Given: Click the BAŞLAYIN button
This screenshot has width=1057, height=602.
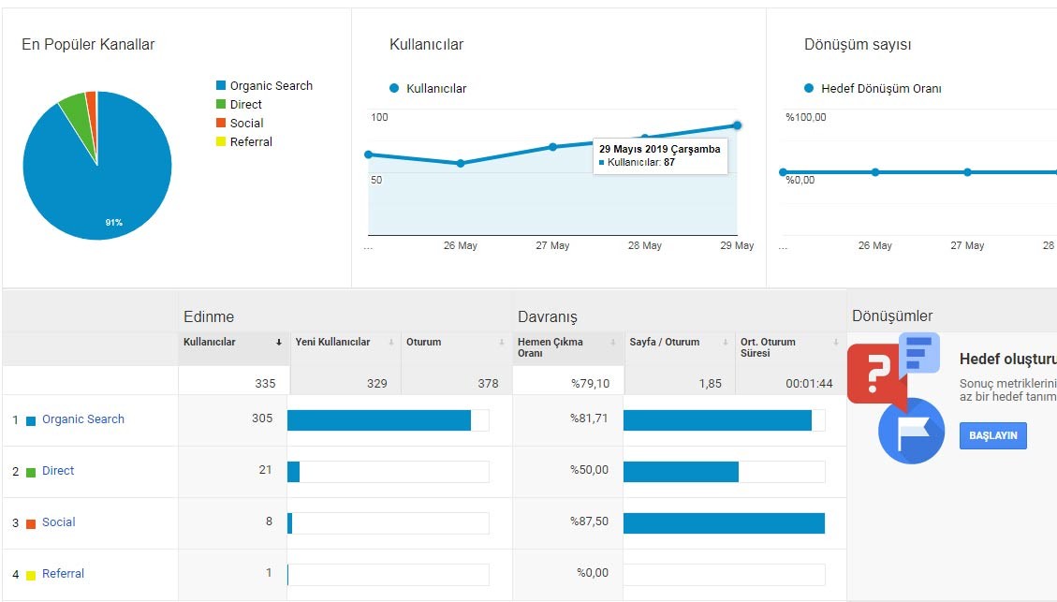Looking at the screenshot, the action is point(993,435).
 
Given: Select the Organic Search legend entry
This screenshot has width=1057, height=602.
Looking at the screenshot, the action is point(264,85).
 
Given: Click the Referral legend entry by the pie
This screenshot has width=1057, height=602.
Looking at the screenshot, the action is point(244,141).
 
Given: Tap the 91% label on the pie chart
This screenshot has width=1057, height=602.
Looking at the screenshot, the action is point(114,223).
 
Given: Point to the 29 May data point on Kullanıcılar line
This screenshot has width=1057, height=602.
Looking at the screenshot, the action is point(737,125).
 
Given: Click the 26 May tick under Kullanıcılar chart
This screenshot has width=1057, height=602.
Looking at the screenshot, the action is point(461,245).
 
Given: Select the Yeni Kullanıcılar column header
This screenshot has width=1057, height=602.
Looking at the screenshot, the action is point(332,342).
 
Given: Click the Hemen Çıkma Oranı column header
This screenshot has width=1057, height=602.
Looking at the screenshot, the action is point(551,347).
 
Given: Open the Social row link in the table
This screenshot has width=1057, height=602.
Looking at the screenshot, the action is point(59,521).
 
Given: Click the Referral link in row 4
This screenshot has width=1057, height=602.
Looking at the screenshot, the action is point(63,574).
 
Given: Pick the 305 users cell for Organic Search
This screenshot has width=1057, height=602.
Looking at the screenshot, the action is point(262,418).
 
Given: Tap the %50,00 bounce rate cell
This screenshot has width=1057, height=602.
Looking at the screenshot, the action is point(589,470).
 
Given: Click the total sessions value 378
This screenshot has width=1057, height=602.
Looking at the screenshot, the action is point(488,384).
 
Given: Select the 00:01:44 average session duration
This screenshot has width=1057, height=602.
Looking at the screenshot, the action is point(809,384).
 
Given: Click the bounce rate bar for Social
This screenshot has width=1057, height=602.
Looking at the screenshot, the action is point(724,523).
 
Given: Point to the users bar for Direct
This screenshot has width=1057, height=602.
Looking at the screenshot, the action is point(293,472).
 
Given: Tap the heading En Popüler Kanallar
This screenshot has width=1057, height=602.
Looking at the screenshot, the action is point(88,45).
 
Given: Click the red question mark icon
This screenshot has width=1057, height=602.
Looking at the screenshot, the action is point(875,372).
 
